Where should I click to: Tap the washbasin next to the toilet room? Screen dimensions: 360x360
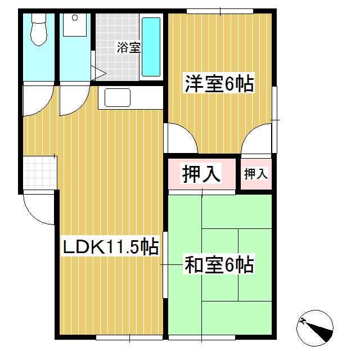[74, 25]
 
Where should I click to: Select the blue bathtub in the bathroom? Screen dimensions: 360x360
[151, 47]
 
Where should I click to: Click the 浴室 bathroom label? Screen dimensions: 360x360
[128, 47]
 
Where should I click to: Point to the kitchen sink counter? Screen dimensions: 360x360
[115, 98]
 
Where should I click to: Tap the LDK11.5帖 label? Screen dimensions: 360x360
[109, 247]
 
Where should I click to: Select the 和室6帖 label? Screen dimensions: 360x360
[219, 264]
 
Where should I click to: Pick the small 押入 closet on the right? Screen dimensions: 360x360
[255, 174]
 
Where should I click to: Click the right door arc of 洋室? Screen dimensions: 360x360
[259, 138]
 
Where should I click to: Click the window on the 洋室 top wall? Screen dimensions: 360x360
[219, 11]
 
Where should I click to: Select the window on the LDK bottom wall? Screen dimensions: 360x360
[129, 337]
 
